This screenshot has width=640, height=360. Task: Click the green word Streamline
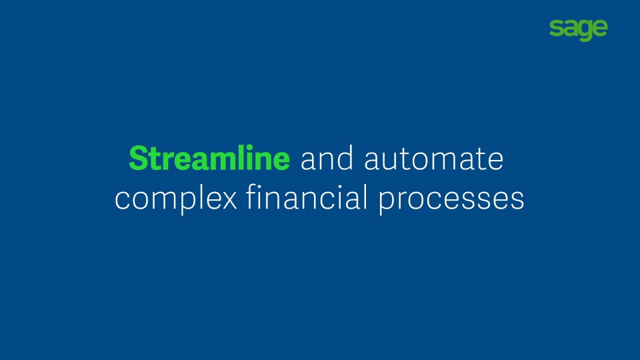(209, 158)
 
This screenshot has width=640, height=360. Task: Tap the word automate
(434, 159)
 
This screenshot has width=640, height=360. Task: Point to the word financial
(307, 197)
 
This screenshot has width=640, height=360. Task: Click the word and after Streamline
(327, 158)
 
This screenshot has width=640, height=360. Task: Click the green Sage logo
(579, 30)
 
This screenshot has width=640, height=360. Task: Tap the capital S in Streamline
(138, 158)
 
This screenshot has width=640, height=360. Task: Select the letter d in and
(345, 158)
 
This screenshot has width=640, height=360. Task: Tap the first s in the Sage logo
(555, 29)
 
